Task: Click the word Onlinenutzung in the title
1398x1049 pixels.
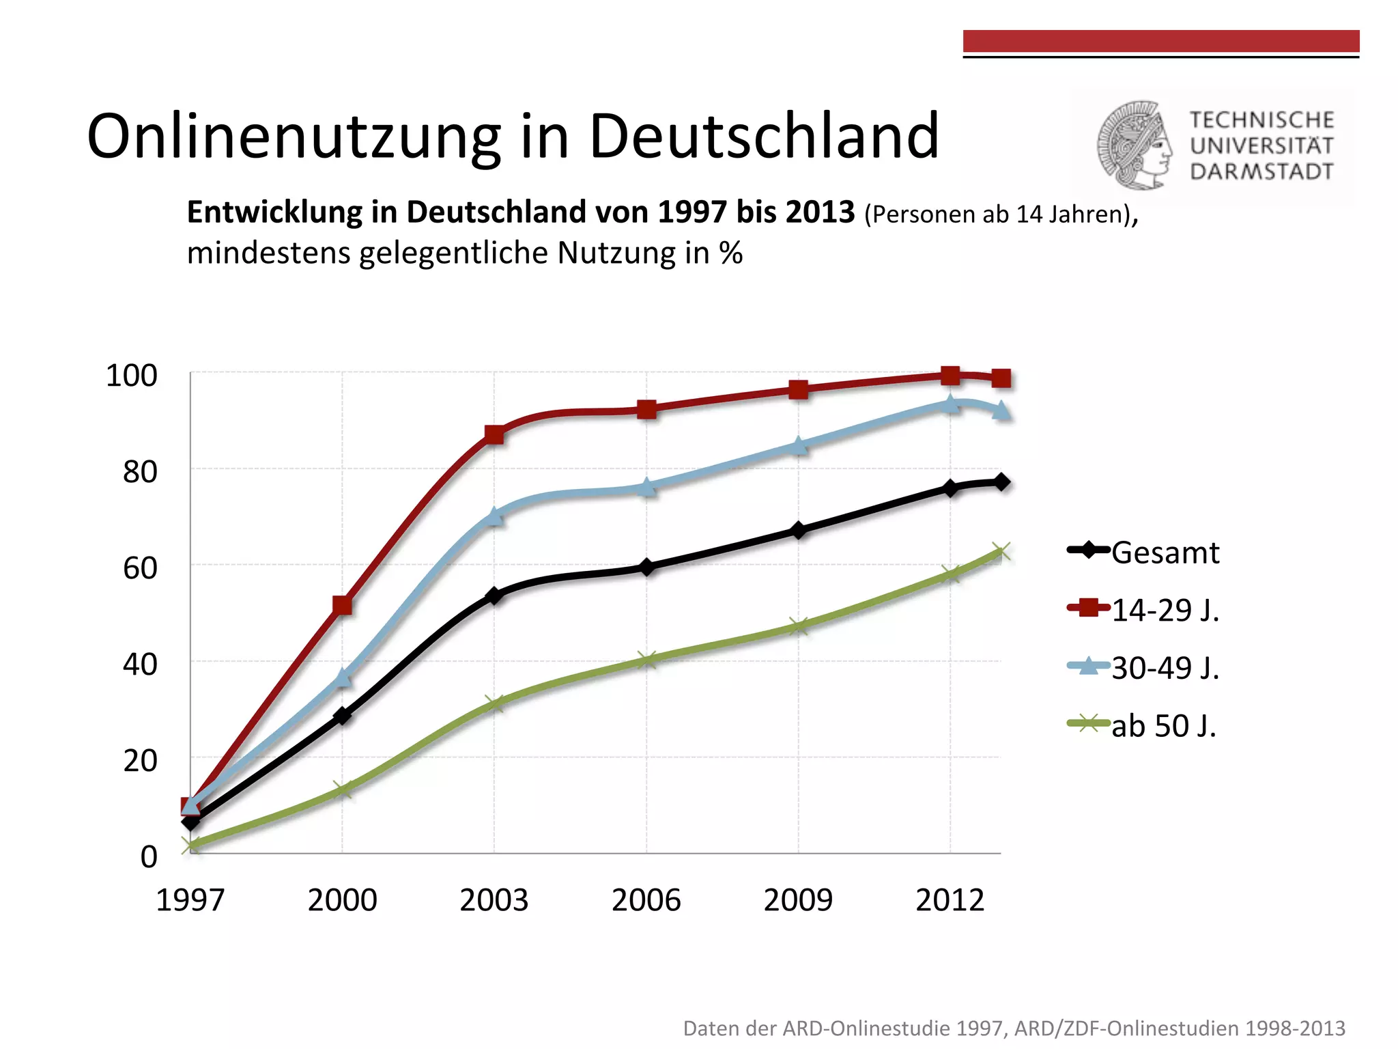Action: pos(294,137)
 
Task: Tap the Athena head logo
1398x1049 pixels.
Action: pos(1135,145)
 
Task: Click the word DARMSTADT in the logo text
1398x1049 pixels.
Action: pos(1261,171)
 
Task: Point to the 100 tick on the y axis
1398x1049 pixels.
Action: pos(131,376)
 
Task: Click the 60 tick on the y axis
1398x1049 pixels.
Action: pos(140,568)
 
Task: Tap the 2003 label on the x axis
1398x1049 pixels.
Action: pos(494,900)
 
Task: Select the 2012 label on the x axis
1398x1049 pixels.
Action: pos(950,900)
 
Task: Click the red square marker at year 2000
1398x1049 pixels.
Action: pos(342,605)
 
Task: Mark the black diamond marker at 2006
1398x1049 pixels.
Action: pos(646,567)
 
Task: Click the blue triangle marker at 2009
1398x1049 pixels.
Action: pos(798,446)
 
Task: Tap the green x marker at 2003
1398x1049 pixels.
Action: pos(494,703)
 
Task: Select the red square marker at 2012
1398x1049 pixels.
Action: pos(950,375)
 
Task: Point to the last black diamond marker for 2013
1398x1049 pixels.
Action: pos(1001,482)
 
